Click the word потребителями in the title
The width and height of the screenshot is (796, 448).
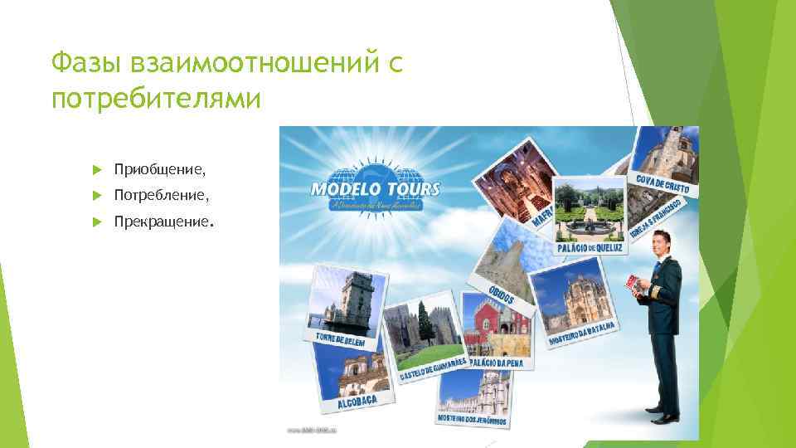click(x=156, y=99)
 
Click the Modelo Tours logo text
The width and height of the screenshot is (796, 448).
click(x=375, y=188)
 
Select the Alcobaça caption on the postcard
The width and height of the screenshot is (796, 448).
click(x=357, y=402)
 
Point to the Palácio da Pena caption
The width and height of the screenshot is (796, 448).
click(x=500, y=363)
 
